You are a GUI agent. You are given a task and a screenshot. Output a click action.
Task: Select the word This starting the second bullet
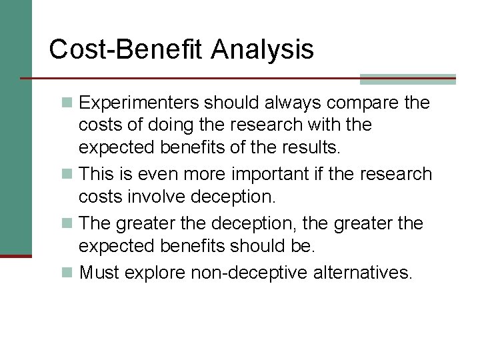[x=97, y=174]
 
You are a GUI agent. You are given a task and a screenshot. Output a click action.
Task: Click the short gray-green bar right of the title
[x=407, y=79]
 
